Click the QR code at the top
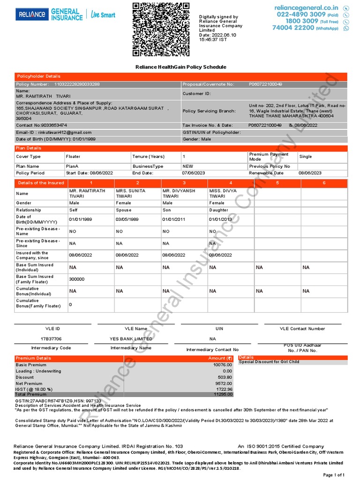click(161, 29)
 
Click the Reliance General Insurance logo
click(65, 14)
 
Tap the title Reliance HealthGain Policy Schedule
click(180, 67)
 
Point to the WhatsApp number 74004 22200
click(293, 28)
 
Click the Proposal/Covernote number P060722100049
click(265, 84)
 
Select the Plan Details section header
click(29, 148)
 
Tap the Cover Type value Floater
click(73, 157)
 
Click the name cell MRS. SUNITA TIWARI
click(131, 194)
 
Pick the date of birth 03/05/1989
click(127, 219)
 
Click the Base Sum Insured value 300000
click(77, 279)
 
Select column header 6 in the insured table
click(324, 183)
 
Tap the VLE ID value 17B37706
click(51, 338)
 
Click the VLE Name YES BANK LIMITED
click(131, 338)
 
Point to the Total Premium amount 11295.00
click(223, 395)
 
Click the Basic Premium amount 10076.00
click(223, 365)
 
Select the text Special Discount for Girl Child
click(269, 362)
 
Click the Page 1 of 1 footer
click(334, 475)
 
